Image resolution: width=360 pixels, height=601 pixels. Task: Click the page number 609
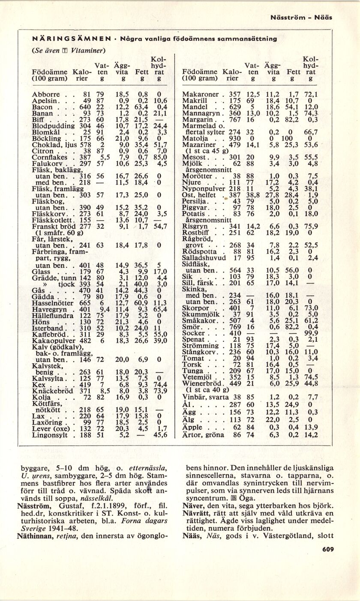click(x=327, y=550)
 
